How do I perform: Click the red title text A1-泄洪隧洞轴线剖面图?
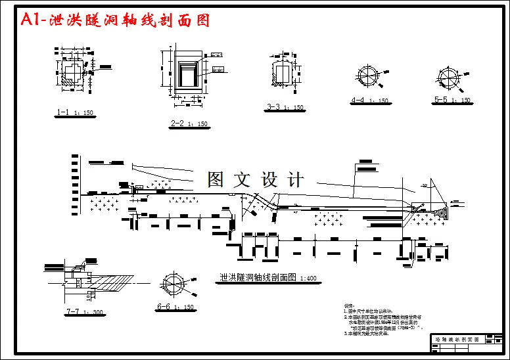click(115, 20)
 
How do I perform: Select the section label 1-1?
click(63, 113)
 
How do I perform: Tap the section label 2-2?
click(177, 124)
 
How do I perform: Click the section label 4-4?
click(358, 101)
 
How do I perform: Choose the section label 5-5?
click(441, 100)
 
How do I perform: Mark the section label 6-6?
click(164, 307)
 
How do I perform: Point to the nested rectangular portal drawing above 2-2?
click(189, 72)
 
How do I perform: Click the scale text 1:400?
click(308, 279)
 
